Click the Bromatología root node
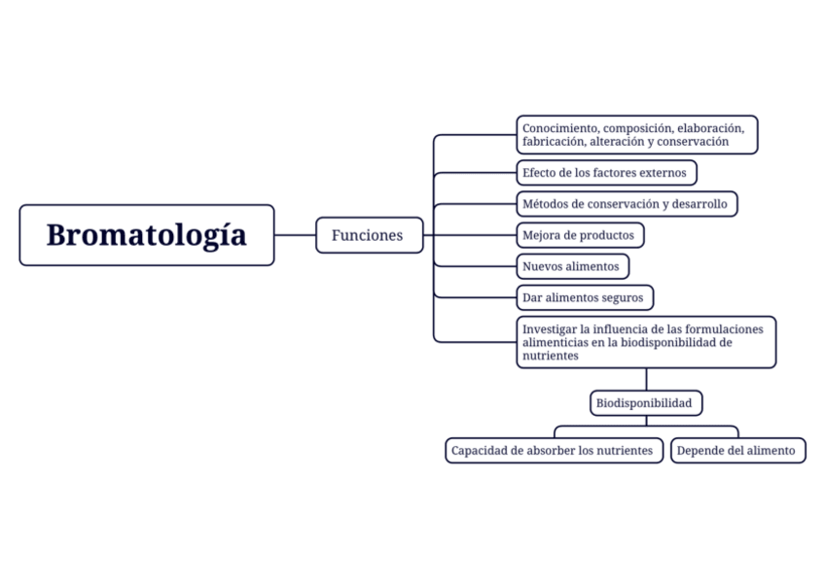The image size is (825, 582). coord(147,235)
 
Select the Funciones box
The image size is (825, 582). coord(369,235)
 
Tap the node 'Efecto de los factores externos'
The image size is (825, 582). coord(605,173)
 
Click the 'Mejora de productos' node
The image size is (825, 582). coord(579,235)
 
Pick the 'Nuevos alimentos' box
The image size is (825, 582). coord(571,266)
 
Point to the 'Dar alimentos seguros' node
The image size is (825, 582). coord(583,297)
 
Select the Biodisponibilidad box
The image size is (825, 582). coord(644,402)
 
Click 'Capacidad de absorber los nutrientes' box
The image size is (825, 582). coord(553,451)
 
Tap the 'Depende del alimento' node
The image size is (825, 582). coord(736,451)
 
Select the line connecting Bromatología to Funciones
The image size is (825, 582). coord(295,235)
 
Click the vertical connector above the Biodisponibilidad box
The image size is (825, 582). coord(645,379)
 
